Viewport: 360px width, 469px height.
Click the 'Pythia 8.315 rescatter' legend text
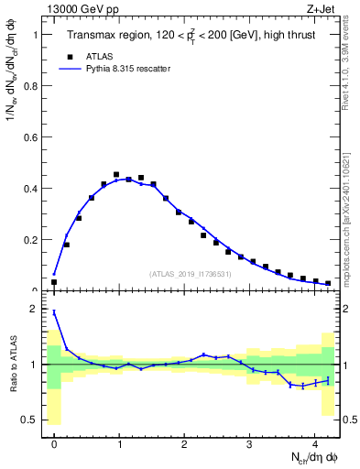pos(129,69)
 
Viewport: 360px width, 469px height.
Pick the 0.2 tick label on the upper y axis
pos(29,240)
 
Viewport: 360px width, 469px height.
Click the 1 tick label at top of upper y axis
pos(35,35)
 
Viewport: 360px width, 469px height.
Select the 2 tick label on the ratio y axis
pos(35,310)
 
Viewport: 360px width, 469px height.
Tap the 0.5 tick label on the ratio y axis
pos(29,420)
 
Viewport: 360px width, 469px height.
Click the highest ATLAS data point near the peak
pos(116,174)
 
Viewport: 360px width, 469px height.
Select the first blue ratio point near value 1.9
pos(54,312)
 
